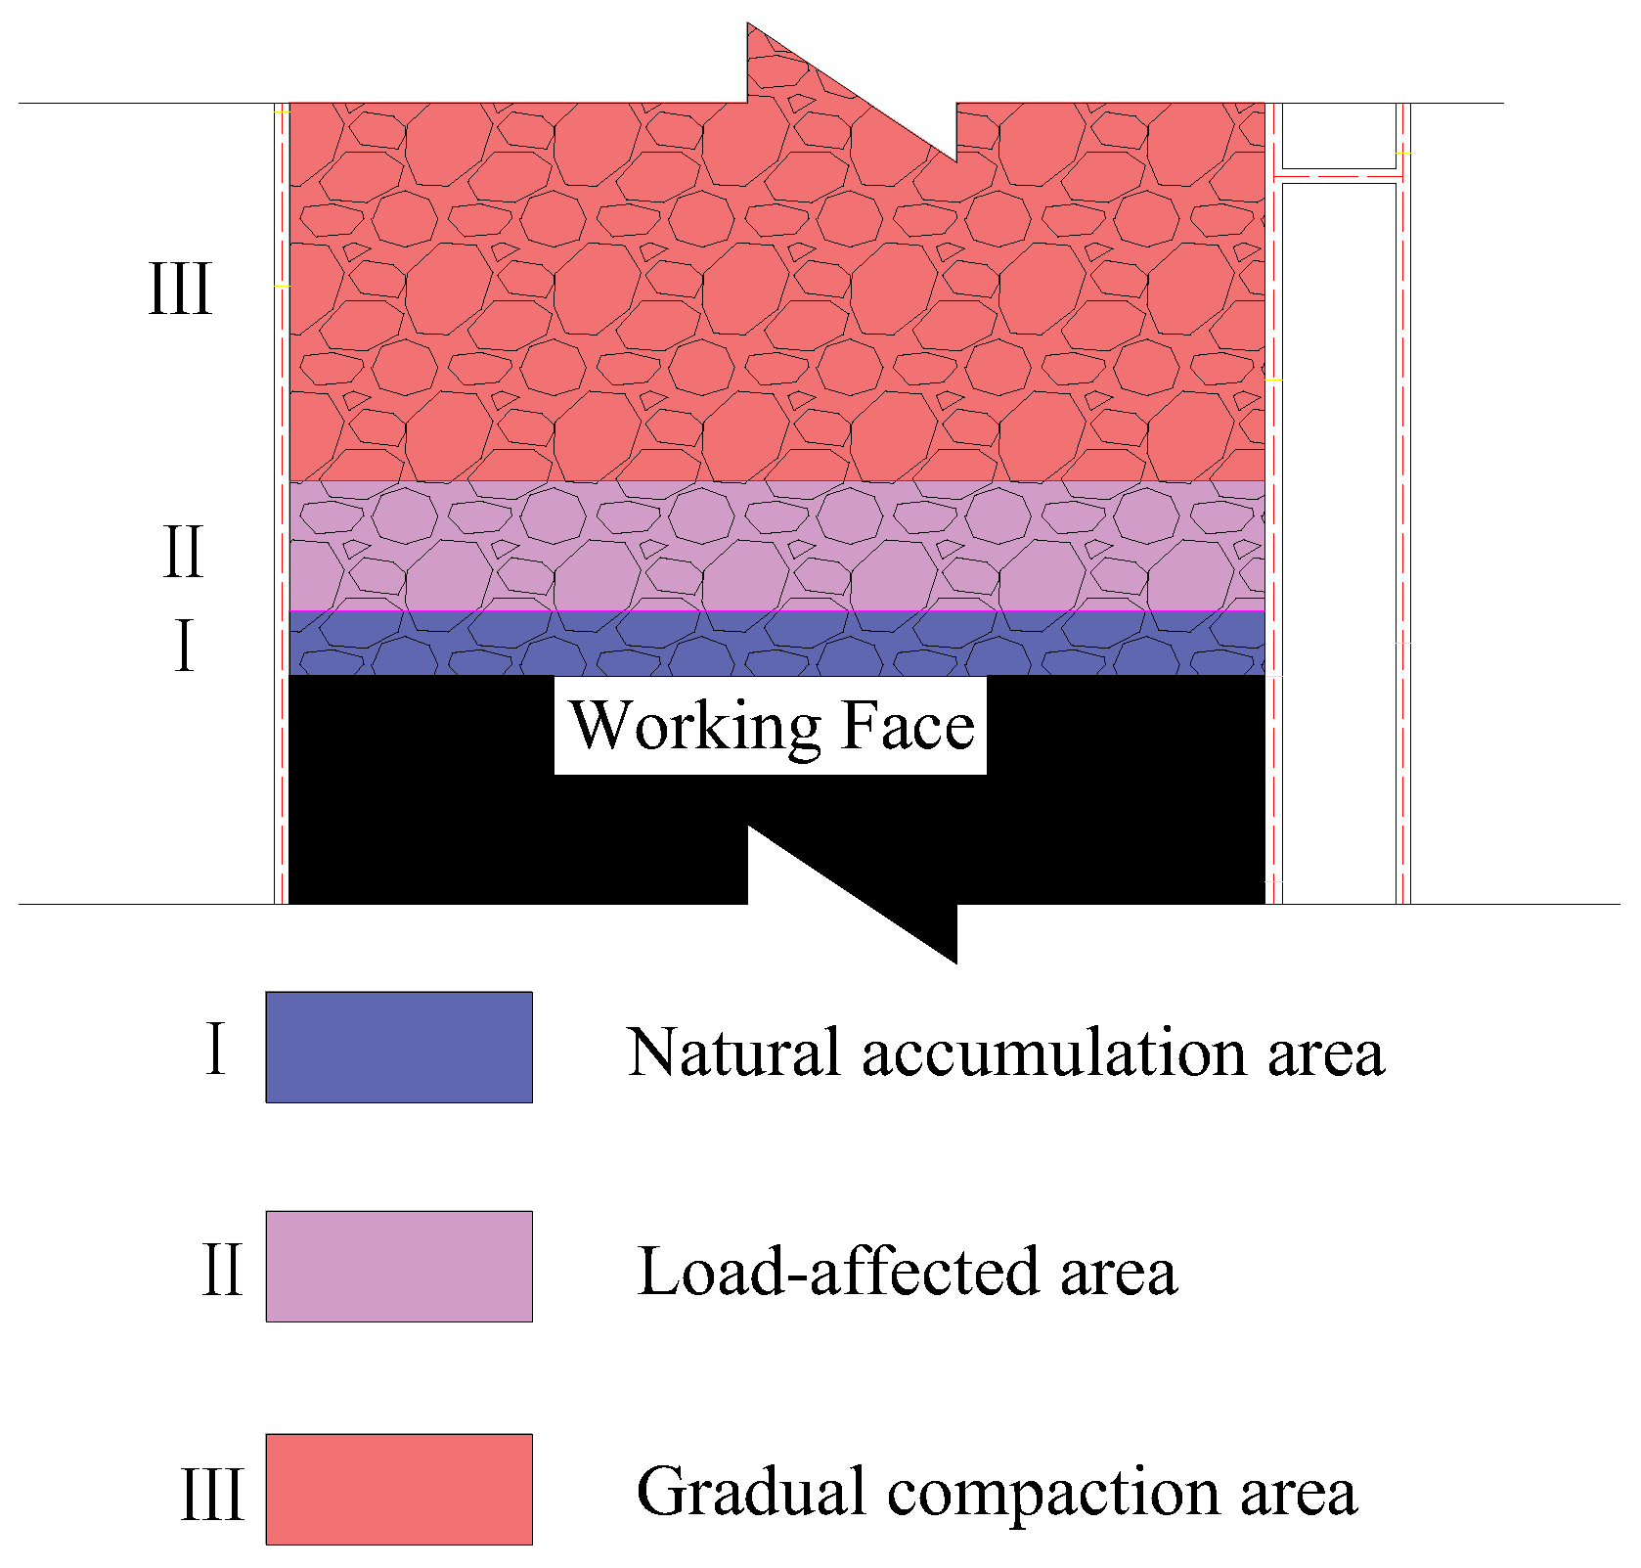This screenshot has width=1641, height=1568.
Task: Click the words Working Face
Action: (771, 727)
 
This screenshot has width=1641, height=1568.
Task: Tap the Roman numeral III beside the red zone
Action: (180, 290)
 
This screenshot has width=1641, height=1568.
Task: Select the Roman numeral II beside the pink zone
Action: (183, 552)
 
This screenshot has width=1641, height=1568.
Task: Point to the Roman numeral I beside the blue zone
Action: (184, 646)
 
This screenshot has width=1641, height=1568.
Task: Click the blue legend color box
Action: (399, 1048)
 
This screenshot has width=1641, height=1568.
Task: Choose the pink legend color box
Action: (399, 1267)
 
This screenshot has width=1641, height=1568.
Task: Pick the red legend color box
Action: (399, 1490)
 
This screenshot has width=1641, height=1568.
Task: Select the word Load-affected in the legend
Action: (838, 1272)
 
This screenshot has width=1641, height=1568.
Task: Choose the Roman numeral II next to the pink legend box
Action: (222, 1270)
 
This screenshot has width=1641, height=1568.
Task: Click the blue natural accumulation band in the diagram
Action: (776, 644)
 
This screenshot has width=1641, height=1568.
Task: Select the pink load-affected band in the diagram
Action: (776, 546)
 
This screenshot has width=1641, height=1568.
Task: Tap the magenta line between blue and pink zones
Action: (776, 611)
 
